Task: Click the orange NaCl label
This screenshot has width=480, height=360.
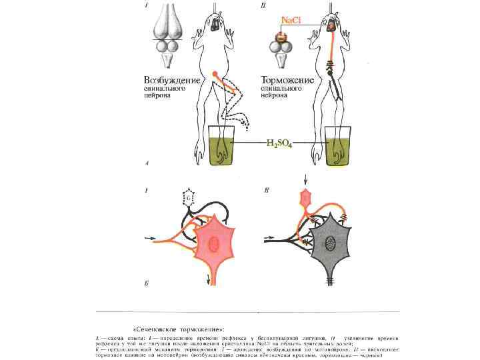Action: pos(291,21)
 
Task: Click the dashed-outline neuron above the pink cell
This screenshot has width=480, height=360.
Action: pos(189,198)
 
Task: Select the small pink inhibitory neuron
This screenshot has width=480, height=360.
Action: pos(306,197)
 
